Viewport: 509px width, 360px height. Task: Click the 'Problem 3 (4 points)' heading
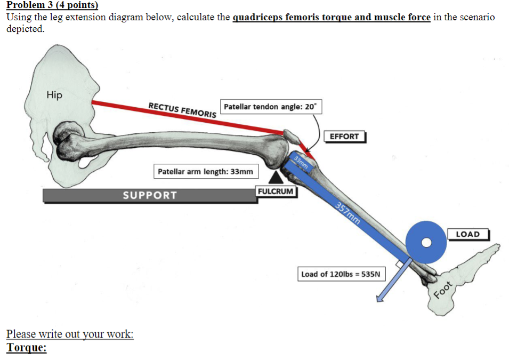52,6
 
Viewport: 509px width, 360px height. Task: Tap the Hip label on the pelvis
54,95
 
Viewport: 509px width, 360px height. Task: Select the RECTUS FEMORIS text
182,110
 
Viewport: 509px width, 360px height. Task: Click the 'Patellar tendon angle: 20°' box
270,107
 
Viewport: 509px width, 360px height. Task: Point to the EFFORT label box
344,137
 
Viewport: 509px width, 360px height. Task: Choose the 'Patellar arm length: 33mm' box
205,172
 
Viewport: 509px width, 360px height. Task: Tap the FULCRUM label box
276,191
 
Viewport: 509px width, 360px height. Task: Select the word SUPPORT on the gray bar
150,195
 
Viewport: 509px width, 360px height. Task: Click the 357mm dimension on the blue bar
348,214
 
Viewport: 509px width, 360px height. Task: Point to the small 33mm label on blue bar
301,163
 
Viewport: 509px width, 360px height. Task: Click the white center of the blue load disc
426,243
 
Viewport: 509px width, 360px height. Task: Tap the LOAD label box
467,234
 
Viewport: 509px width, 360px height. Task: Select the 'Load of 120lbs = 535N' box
341,274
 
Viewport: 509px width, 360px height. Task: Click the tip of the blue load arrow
378,301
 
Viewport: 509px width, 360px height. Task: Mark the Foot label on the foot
443,291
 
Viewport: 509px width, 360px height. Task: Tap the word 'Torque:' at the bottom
27,348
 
